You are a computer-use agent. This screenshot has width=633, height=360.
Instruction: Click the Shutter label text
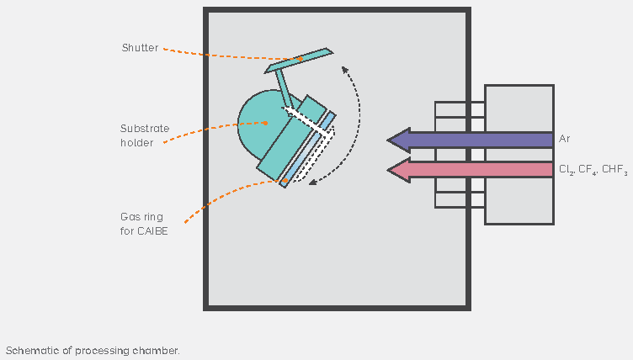140,48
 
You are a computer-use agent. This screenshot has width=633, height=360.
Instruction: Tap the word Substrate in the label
145,129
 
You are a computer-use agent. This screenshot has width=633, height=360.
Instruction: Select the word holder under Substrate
137,143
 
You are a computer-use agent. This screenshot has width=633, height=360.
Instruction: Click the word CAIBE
152,231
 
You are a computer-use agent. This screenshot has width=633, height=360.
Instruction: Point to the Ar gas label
564,139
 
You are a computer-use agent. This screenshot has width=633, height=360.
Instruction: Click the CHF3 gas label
614,170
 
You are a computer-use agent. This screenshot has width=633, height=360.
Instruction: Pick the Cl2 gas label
567,170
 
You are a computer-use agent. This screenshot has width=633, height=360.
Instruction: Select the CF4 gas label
588,170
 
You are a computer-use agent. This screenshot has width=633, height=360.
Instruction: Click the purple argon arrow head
399,140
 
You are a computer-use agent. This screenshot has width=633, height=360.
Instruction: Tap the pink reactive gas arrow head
399,170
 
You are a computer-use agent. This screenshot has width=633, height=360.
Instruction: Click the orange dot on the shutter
301,59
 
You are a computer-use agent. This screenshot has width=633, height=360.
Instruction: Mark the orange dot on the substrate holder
265,123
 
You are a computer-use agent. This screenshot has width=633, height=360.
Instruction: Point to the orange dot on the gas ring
285,181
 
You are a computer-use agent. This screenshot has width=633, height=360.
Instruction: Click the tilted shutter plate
299,61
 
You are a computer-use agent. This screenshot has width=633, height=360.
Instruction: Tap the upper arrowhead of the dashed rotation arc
344,70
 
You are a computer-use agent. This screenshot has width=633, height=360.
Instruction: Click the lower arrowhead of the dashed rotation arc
313,183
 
